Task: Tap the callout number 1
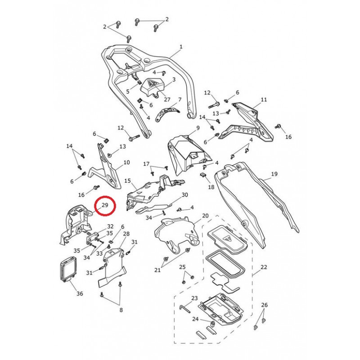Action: tap(181, 47)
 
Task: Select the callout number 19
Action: tap(274, 174)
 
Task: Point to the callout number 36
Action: tap(80, 294)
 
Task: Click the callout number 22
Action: tap(264, 267)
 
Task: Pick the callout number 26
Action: tap(265, 305)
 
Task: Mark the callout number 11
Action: tap(264, 99)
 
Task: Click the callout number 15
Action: tap(127, 181)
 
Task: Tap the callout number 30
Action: tap(184, 195)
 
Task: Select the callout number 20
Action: tap(205, 216)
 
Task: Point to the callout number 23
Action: tap(194, 298)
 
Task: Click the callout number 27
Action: tap(154, 100)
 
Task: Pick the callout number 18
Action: tap(211, 187)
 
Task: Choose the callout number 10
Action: tap(126, 162)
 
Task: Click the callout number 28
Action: tap(126, 234)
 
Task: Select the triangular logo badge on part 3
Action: tap(151, 84)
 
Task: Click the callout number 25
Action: tap(182, 267)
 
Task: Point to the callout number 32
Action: tap(110, 226)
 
